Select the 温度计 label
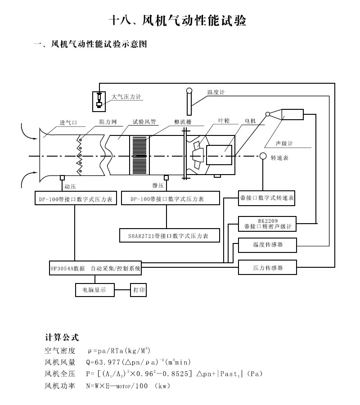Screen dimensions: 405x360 coord(216,92)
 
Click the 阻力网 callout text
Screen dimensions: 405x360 coord(108,121)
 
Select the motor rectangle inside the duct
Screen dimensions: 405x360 coord(219,156)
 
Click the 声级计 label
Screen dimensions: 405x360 coord(284,144)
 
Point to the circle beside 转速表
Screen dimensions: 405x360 coord(262,156)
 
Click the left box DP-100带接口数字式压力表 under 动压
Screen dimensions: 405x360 coord(76,198)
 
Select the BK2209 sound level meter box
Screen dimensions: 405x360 coord(267,224)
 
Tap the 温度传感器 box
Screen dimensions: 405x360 coord(267,245)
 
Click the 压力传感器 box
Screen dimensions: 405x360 coord(267,267)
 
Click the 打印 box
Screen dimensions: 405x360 coord(139,290)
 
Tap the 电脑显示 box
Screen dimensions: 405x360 coord(94,290)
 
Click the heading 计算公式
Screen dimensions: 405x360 coord(62,337)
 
